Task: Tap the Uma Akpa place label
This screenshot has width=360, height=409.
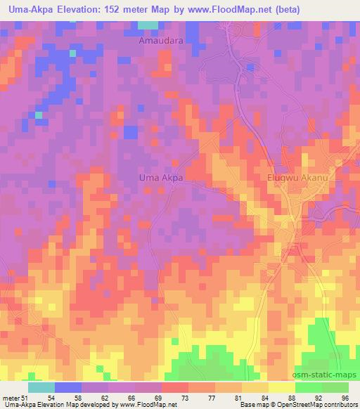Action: point(160,178)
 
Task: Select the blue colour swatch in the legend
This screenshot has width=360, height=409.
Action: point(67,387)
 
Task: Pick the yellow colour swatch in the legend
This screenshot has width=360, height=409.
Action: point(281,387)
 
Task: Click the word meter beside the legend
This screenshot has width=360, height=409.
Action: point(11,398)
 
